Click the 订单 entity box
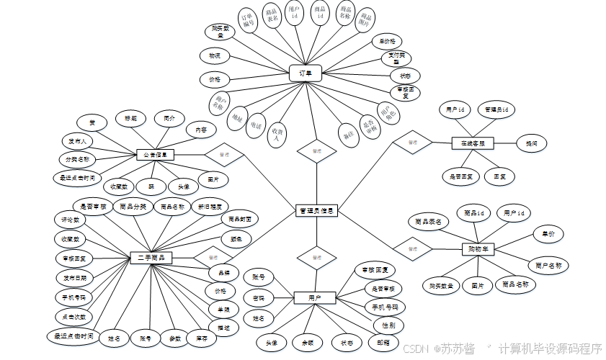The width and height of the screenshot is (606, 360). click(x=305, y=73)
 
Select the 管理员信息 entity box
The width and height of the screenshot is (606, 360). click(x=316, y=210)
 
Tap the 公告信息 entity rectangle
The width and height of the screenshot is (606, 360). click(x=156, y=154)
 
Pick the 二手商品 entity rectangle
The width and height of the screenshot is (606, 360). click(x=151, y=257)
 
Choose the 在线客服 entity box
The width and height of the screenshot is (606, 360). click(x=473, y=143)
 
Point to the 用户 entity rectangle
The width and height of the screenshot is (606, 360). click(x=316, y=297)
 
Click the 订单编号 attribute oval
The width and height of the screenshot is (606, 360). click(x=247, y=24)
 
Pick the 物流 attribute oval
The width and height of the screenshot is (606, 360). click(x=214, y=55)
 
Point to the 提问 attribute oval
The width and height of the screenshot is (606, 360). click(x=531, y=143)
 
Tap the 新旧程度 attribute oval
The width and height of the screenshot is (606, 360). click(x=209, y=207)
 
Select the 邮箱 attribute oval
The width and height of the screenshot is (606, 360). click(x=383, y=343)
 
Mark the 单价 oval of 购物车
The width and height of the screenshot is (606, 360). click(x=548, y=233)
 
